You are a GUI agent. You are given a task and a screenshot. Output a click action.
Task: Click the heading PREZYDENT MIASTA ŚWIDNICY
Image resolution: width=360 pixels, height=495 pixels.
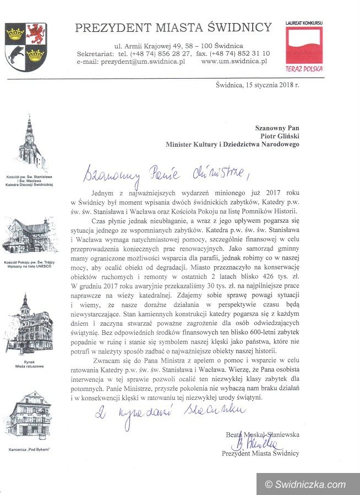tap(173, 28)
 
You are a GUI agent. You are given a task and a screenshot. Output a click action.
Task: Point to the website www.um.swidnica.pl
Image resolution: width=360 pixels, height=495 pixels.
tap(234, 62)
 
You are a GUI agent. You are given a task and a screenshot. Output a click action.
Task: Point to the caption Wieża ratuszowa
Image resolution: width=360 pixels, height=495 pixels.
tap(27, 366)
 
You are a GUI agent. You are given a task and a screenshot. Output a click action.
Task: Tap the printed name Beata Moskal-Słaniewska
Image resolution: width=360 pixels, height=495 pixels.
tap(262, 434)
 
